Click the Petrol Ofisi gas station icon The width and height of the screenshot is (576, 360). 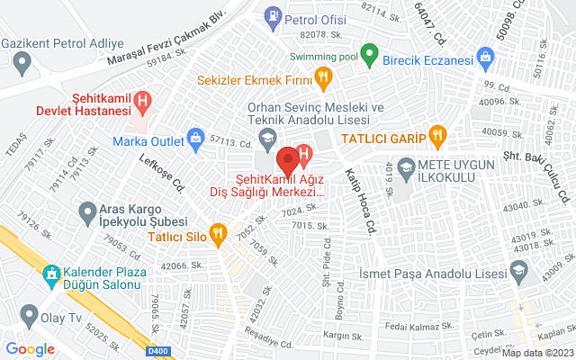pos(271,16)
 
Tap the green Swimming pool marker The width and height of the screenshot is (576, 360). pos(368,53)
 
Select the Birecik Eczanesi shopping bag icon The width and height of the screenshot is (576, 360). pos(486,59)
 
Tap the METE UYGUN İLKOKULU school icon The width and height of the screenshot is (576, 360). pos(407,166)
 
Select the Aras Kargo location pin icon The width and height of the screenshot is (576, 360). pos(87,212)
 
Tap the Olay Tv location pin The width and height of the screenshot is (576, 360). pos(29,317)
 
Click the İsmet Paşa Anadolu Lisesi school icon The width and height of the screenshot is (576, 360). pos(518,269)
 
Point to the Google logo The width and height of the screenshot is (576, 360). pos(31,349)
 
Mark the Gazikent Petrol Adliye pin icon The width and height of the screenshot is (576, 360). pos(22,63)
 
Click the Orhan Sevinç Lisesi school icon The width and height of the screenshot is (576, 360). pos(266,138)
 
